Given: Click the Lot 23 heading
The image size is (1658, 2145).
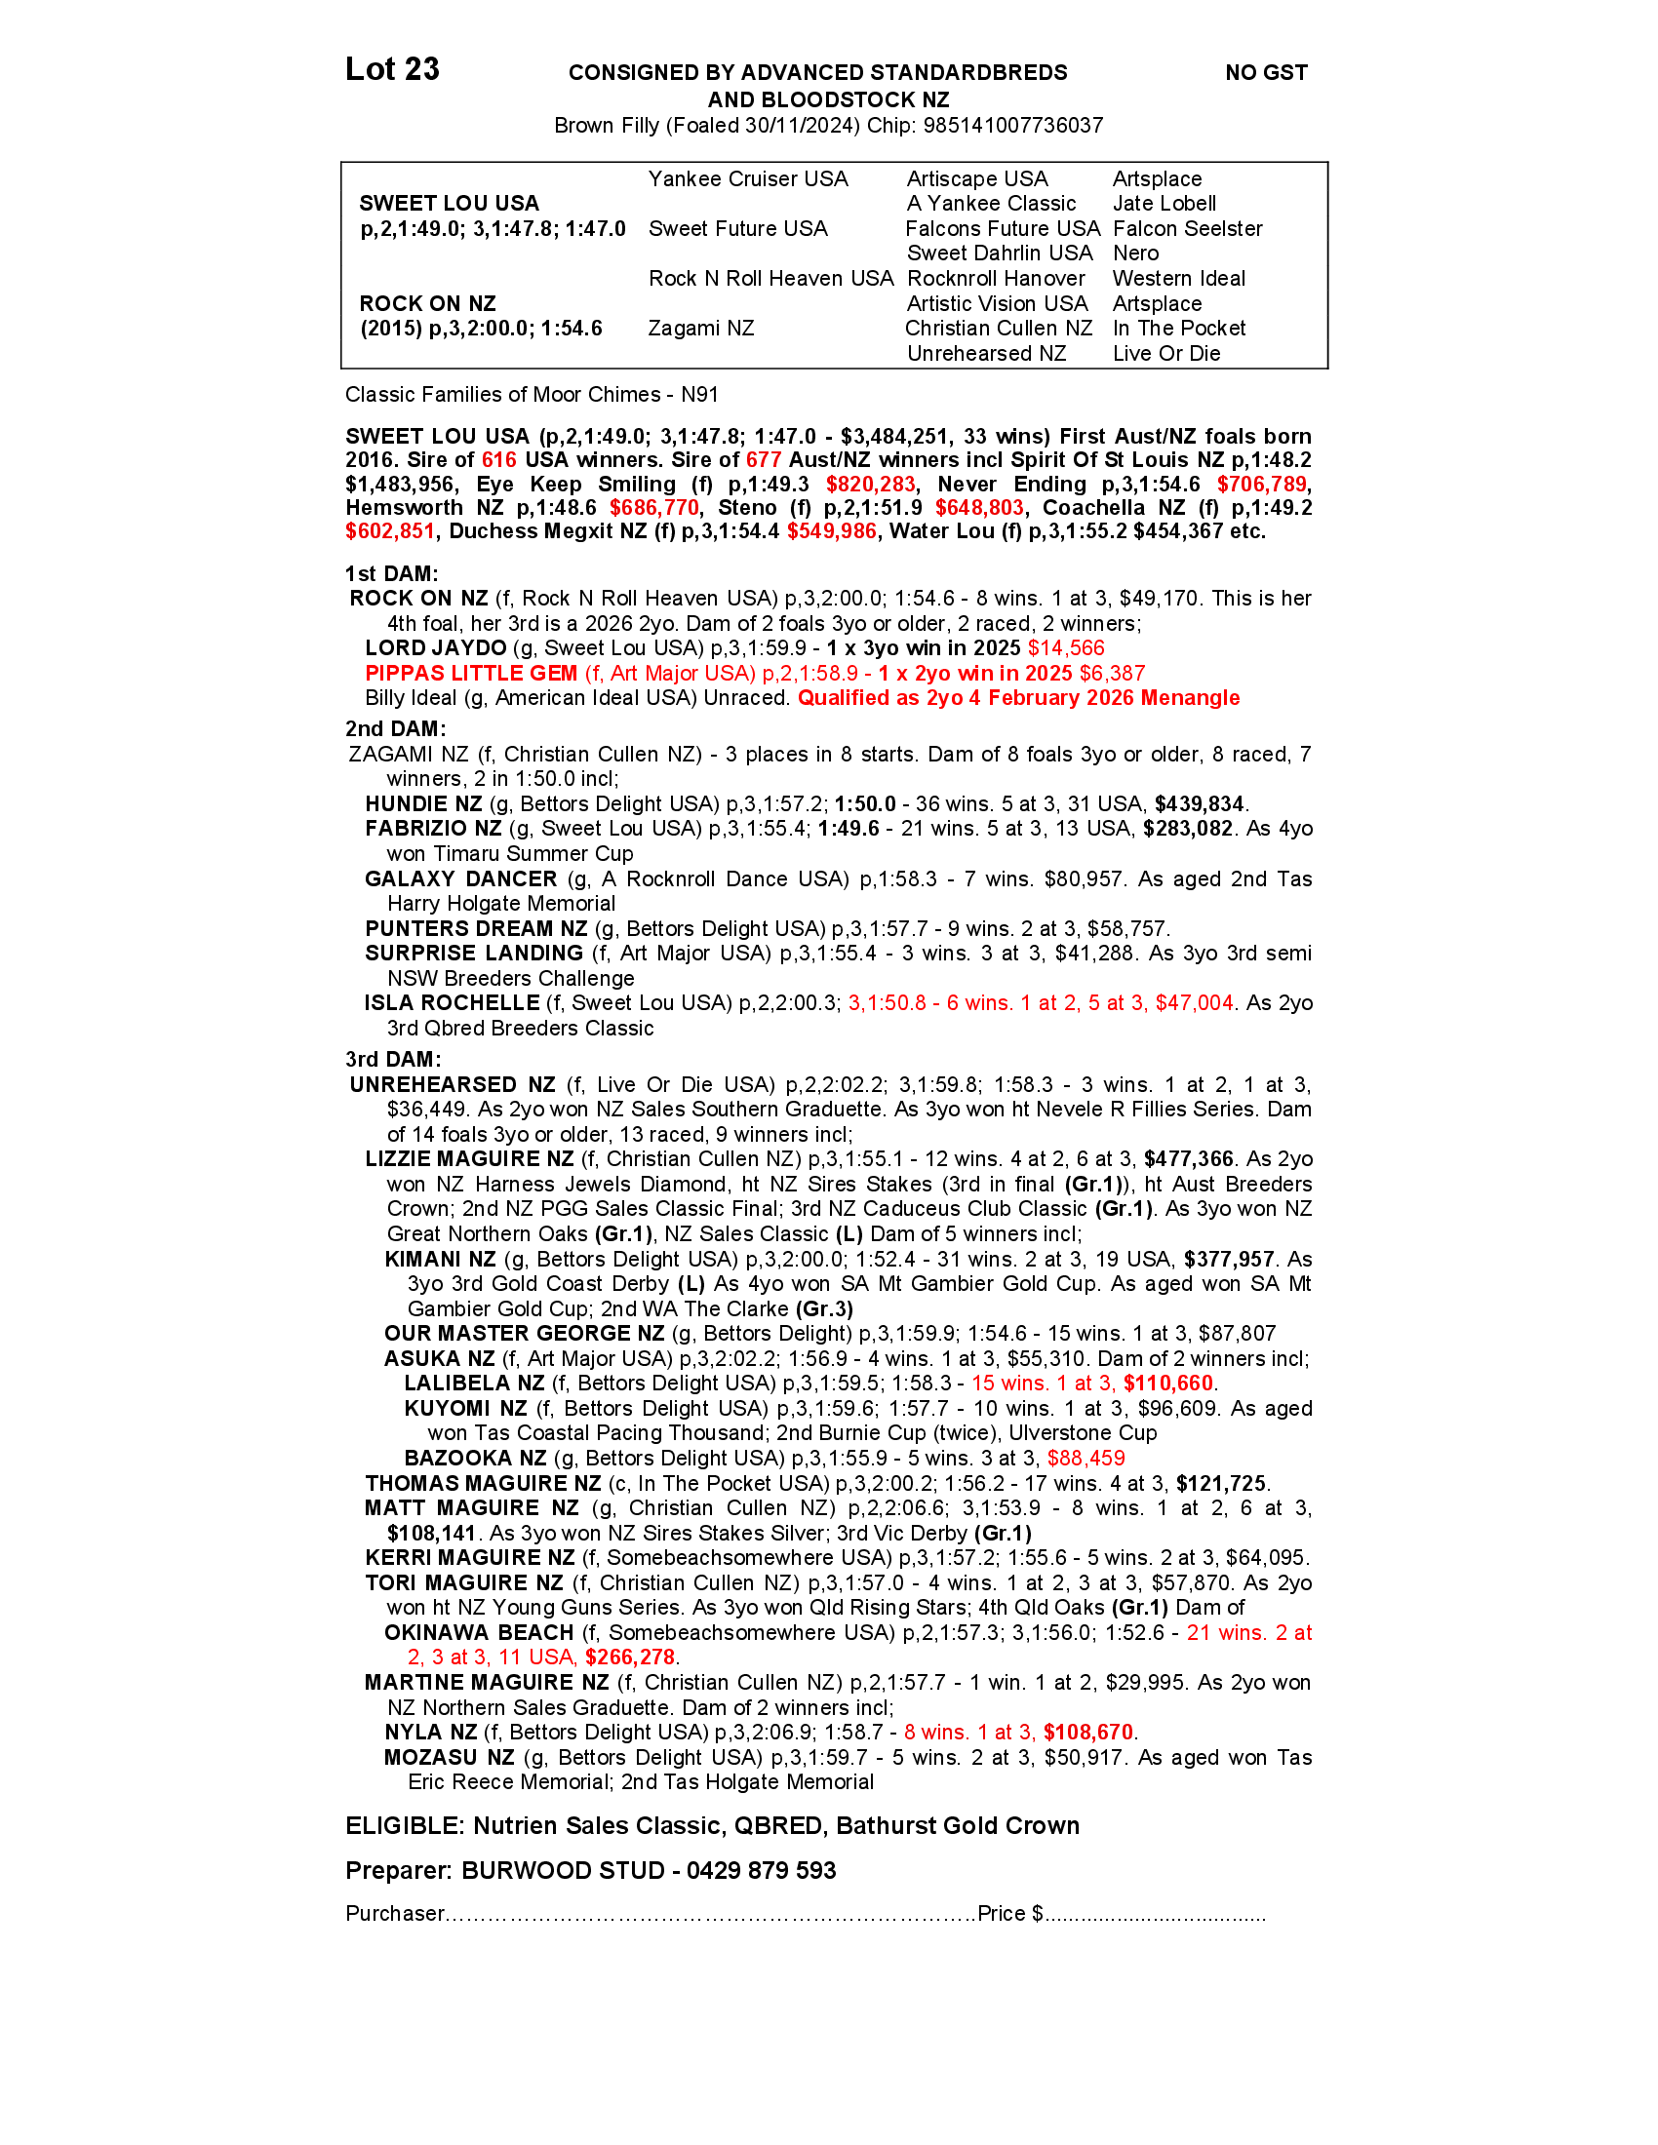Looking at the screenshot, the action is coord(392,70).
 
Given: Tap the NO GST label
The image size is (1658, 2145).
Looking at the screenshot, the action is coord(1266,73).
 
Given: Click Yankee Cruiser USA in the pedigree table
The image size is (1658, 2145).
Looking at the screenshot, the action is coord(747,178).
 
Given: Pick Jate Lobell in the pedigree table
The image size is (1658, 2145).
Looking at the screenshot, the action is coord(1164,204).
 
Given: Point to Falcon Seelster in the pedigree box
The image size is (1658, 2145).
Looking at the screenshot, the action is coord(1188,229).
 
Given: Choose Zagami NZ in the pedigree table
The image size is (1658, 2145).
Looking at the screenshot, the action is coord(701,328).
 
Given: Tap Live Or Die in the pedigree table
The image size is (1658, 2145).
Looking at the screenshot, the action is coord(1165,354).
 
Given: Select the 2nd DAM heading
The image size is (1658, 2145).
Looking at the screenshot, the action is coord(396,728).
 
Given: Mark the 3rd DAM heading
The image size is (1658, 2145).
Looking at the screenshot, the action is coord(394,1060).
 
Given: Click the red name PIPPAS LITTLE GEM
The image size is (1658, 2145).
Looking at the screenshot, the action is coord(471,674).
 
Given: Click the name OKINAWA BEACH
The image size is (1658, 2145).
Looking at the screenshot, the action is coord(479,1633).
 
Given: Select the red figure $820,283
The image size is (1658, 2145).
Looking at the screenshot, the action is coord(870,485).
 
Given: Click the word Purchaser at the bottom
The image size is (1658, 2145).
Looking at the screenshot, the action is coord(395,1914).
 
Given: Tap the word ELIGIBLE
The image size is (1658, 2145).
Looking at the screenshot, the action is coord(404,1826).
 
